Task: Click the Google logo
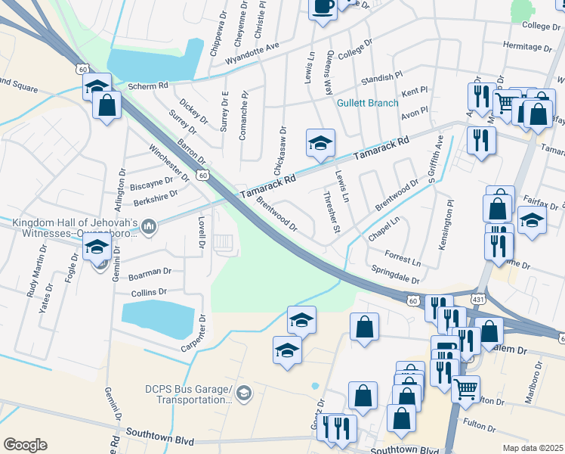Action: coord(25,445)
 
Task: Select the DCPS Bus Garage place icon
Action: coord(244,393)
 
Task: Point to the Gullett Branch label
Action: coord(367,103)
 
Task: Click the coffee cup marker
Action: coord(323,8)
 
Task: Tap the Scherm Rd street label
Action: coord(148,86)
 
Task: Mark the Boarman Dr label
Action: coord(150,270)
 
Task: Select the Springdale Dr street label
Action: coord(395,274)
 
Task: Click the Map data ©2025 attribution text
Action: coord(533,447)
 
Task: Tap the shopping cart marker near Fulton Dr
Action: coord(465,389)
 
